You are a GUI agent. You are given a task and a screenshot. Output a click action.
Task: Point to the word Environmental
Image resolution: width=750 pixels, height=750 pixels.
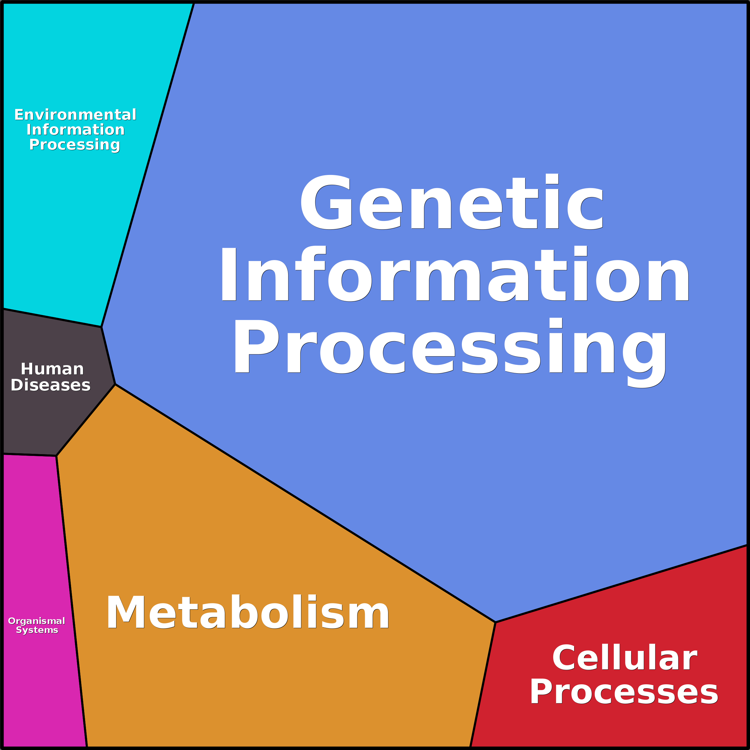[x=75, y=115]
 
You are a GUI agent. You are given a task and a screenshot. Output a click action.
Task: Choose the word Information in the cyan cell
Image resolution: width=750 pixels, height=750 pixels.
[x=75, y=130]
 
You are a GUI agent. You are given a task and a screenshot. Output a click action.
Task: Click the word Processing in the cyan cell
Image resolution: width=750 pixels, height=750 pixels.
[x=75, y=145]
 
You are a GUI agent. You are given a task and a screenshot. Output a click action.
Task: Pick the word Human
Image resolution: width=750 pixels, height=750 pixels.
[x=52, y=369]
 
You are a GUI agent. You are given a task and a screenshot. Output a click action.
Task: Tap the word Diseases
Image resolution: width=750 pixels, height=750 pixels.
[x=50, y=385]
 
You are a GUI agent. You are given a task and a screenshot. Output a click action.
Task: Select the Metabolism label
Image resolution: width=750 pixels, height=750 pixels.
[x=247, y=613]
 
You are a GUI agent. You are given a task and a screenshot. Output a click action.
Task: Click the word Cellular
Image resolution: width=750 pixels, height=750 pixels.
[x=625, y=658]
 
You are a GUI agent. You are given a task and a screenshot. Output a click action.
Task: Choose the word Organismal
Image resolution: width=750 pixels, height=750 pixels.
[x=36, y=621]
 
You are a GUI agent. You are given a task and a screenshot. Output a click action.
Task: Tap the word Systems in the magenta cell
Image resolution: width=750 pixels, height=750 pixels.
[x=37, y=630]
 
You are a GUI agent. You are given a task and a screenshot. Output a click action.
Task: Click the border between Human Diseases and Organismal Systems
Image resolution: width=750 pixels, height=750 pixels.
[x=30, y=455]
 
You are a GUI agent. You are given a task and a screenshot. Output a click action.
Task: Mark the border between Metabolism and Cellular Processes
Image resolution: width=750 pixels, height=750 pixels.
[x=483, y=684]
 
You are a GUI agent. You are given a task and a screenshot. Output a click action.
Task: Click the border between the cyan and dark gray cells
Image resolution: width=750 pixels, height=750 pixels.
[x=52, y=318]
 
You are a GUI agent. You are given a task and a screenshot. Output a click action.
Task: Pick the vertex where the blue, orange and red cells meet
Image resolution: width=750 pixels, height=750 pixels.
[x=496, y=622]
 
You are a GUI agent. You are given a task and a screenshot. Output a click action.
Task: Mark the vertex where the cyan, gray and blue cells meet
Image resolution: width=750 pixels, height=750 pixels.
[x=101, y=327]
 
